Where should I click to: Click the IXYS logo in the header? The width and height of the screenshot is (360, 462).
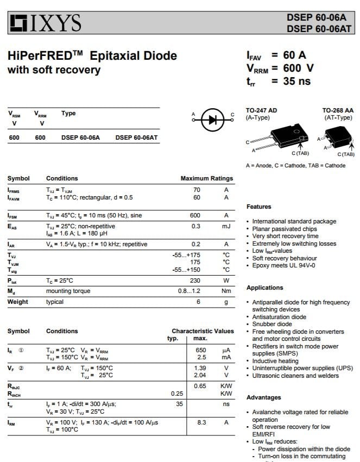pos(45,23)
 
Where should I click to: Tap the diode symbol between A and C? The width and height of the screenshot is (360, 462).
pos(212,120)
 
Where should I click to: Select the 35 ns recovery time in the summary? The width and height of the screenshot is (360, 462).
pos(296,81)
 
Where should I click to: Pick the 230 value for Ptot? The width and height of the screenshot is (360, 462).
pos(195,280)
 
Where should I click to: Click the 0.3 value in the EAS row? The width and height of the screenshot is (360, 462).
pos(195,226)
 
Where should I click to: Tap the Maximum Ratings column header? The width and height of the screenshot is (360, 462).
pos(206,178)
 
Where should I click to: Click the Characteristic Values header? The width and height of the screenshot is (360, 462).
pos(203,331)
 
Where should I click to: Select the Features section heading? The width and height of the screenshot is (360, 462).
pos(258,207)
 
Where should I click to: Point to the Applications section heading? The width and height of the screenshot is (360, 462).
pos(264,288)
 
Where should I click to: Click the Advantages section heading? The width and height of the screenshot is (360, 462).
pos(263,397)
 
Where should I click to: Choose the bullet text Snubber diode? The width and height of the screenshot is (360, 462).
pos(272,324)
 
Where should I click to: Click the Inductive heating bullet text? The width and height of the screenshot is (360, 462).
pos(275,361)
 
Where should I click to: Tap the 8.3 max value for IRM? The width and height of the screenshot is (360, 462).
pos(201,422)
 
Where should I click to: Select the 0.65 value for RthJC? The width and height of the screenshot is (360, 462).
pos(200,386)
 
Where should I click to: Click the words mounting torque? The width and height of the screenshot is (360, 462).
pos(68,291)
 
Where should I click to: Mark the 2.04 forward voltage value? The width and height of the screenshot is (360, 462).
pos(200,375)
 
